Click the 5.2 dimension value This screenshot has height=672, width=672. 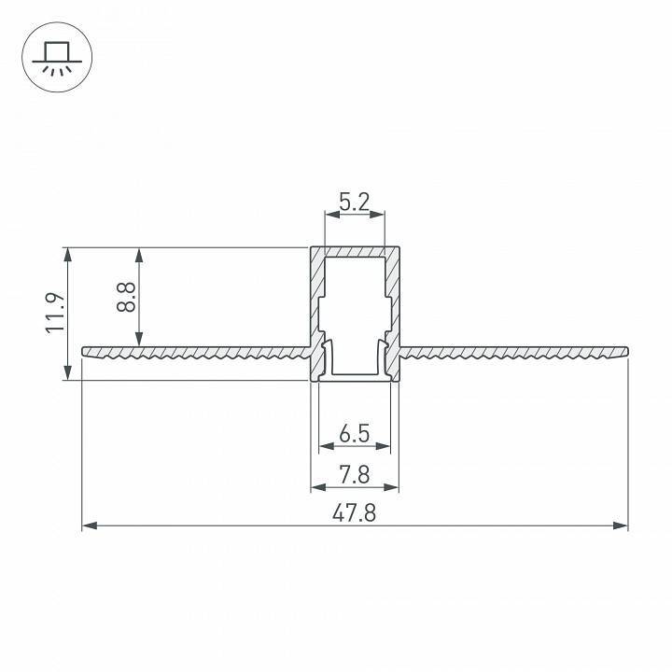(355, 200)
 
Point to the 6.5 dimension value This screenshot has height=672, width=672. (355, 434)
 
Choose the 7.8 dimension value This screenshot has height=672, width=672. (355, 475)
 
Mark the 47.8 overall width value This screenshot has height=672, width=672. (355, 514)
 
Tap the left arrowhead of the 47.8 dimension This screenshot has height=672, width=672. (89, 526)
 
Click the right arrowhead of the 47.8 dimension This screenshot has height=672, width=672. (622, 526)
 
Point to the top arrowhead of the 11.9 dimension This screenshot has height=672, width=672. (67, 253)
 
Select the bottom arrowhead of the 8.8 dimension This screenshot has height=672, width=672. (140, 341)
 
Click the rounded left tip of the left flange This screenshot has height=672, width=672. (85, 351)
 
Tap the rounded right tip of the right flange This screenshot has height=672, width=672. (625, 351)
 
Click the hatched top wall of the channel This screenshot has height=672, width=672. (355, 252)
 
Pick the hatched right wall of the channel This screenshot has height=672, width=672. (394, 299)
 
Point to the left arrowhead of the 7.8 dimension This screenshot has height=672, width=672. (315, 487)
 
